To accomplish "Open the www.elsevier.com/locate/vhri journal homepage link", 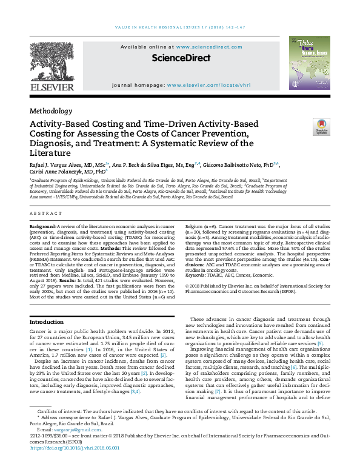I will click(x=208, y=86).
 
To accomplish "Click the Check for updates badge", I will click(x=321, y=127).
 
